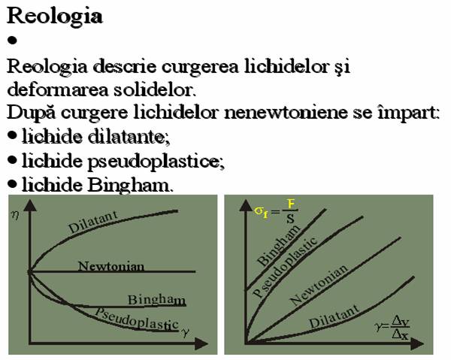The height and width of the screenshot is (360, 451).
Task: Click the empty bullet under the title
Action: click(12, 41)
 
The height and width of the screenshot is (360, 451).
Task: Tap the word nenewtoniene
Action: click(286, 112)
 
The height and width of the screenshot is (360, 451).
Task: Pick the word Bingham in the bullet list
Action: click(129, 186)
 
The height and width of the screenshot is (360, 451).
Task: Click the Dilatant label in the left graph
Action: click(92, 222)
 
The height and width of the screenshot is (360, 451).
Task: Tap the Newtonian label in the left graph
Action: click(111, 266)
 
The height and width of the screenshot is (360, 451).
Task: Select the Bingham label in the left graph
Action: click(157, 300)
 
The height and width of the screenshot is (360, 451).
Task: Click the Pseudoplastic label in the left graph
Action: click(137, 319)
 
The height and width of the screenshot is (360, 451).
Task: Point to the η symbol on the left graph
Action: click(15, 214)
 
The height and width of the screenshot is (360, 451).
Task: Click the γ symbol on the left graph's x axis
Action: click(186, 332)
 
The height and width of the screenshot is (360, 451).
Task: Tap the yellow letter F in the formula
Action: click(291, 204)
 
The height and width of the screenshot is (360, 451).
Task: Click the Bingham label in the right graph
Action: click(278, 245)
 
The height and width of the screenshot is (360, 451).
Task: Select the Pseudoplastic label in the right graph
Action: click(285, 267)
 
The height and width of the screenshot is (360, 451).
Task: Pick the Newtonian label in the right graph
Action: click(319, 286)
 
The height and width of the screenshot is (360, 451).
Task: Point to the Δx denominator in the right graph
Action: click(400, 334)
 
